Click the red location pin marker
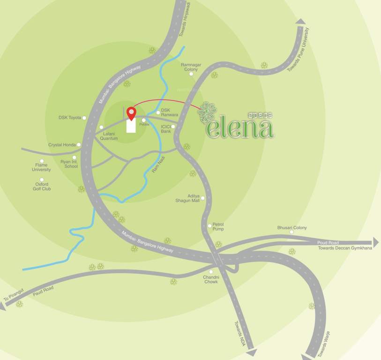point(132,113)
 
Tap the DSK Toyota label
point(69,118)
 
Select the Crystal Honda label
point(62,145)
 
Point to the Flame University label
point(41,167)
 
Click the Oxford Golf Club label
point(42,187)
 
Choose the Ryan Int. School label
point(69,164)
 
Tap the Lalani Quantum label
point(112,136)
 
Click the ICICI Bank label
point(166,129)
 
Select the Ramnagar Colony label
point(191,67)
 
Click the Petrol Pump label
point(218,227)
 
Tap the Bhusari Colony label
point(291,227)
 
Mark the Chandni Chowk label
point(210,279)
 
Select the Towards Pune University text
point(298,49)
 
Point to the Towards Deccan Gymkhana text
point(344,248)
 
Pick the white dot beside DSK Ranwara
point(158,112)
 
